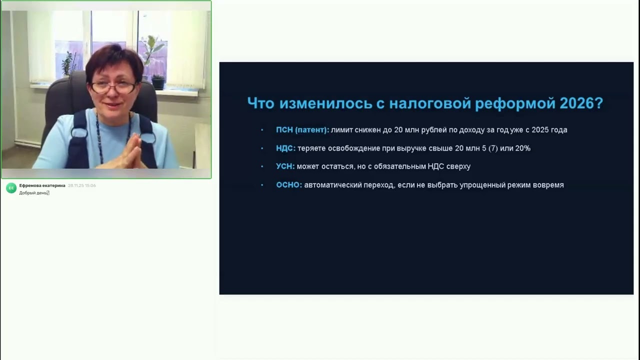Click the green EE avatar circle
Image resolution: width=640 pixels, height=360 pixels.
[x=11, y=188]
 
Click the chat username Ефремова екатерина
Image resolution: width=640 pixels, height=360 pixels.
[x=42, y=185]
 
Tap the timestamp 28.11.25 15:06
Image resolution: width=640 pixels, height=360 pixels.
[x=82, y=185]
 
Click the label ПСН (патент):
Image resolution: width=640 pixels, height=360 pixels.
[x=302, y=130]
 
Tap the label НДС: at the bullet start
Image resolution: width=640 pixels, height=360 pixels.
[x=285, y=148]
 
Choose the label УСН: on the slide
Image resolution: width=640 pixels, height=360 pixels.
[x=285, y=166]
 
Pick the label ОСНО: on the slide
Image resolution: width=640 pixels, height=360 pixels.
[x=289, y=185]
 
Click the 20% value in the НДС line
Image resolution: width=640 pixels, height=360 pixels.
[x=523, y=148]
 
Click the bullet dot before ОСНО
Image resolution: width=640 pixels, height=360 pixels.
[x=262, y=185]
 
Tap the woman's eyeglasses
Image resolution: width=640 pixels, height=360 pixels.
[x=113, y=87]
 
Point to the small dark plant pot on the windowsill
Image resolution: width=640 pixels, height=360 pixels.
[x=158, y=83]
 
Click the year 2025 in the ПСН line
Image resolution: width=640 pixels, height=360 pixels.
[x=540, y=130]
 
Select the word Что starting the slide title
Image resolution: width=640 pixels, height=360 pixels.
[x=260, y=103]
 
